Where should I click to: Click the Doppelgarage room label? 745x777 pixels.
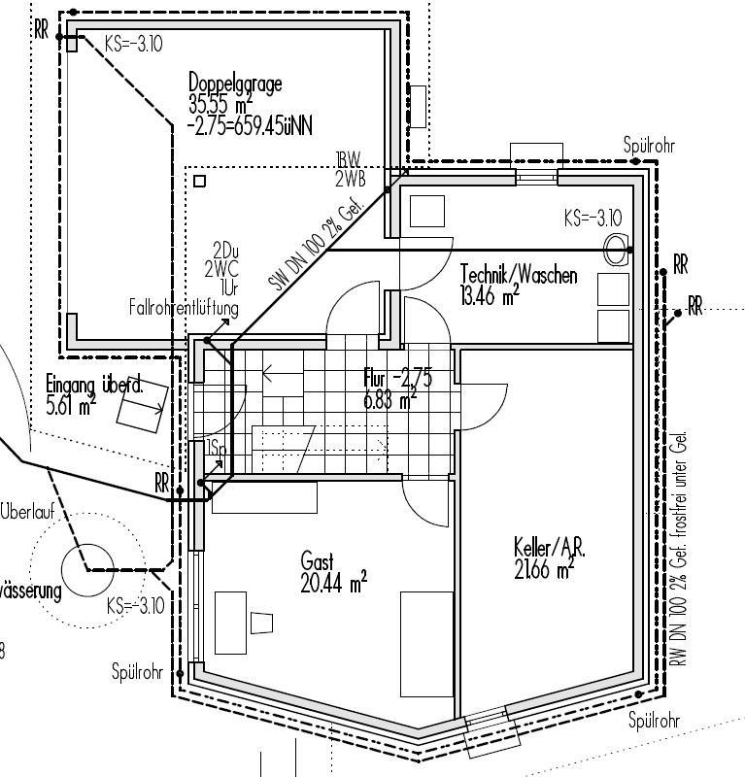tap(235, 84)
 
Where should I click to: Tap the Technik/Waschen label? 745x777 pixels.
tap(519, 276)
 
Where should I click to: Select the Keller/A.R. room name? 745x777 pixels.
tap(550, 549)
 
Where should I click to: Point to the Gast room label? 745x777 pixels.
tap(318, 561)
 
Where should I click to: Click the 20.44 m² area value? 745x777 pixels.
tap(333, 583)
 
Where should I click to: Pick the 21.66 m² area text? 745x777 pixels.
tap(544, 569)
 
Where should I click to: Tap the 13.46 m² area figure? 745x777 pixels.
tap(489, 297)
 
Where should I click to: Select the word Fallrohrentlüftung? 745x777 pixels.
tap(184, 308)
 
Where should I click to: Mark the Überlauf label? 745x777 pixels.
tap(26, 512)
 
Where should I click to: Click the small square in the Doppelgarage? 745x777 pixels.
tap(199, 181)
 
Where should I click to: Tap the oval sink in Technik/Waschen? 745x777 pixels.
tap(615, 250)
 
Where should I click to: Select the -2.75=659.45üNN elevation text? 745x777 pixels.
tap(251, 125)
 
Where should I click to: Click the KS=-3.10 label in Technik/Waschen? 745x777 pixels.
tap(592, 218)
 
